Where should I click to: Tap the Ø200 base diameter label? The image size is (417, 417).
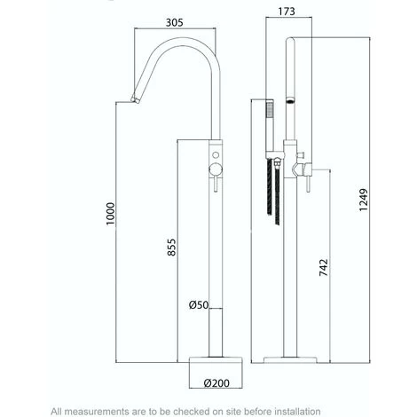point(217,383)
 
